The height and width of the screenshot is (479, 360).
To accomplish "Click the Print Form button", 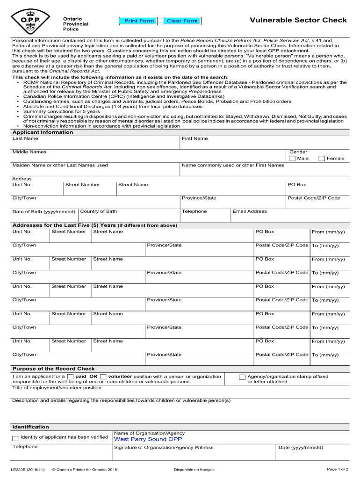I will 139,21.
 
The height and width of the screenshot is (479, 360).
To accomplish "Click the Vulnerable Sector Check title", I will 298,20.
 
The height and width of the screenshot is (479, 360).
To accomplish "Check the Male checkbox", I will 292,159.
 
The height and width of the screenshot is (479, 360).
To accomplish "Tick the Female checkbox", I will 322,159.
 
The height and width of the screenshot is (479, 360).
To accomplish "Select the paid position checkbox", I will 70,377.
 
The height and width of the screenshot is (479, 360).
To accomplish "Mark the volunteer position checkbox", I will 103,377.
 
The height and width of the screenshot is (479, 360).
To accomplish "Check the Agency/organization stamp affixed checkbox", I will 242,377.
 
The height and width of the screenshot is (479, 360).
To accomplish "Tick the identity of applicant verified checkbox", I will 15,438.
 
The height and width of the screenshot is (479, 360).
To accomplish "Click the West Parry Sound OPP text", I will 148,439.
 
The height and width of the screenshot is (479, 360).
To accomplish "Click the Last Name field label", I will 25,139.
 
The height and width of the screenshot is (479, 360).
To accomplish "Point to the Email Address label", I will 250,211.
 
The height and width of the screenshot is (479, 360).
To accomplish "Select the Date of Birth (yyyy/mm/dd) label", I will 44,212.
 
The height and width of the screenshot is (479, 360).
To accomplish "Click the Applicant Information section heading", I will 43,132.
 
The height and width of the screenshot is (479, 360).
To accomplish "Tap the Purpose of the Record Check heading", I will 53,369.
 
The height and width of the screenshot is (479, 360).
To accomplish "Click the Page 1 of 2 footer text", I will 338,469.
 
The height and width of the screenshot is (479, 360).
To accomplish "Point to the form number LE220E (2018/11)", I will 28,469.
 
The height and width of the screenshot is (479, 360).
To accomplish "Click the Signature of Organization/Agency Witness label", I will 164,448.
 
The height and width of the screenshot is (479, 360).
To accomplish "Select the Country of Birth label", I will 99,211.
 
